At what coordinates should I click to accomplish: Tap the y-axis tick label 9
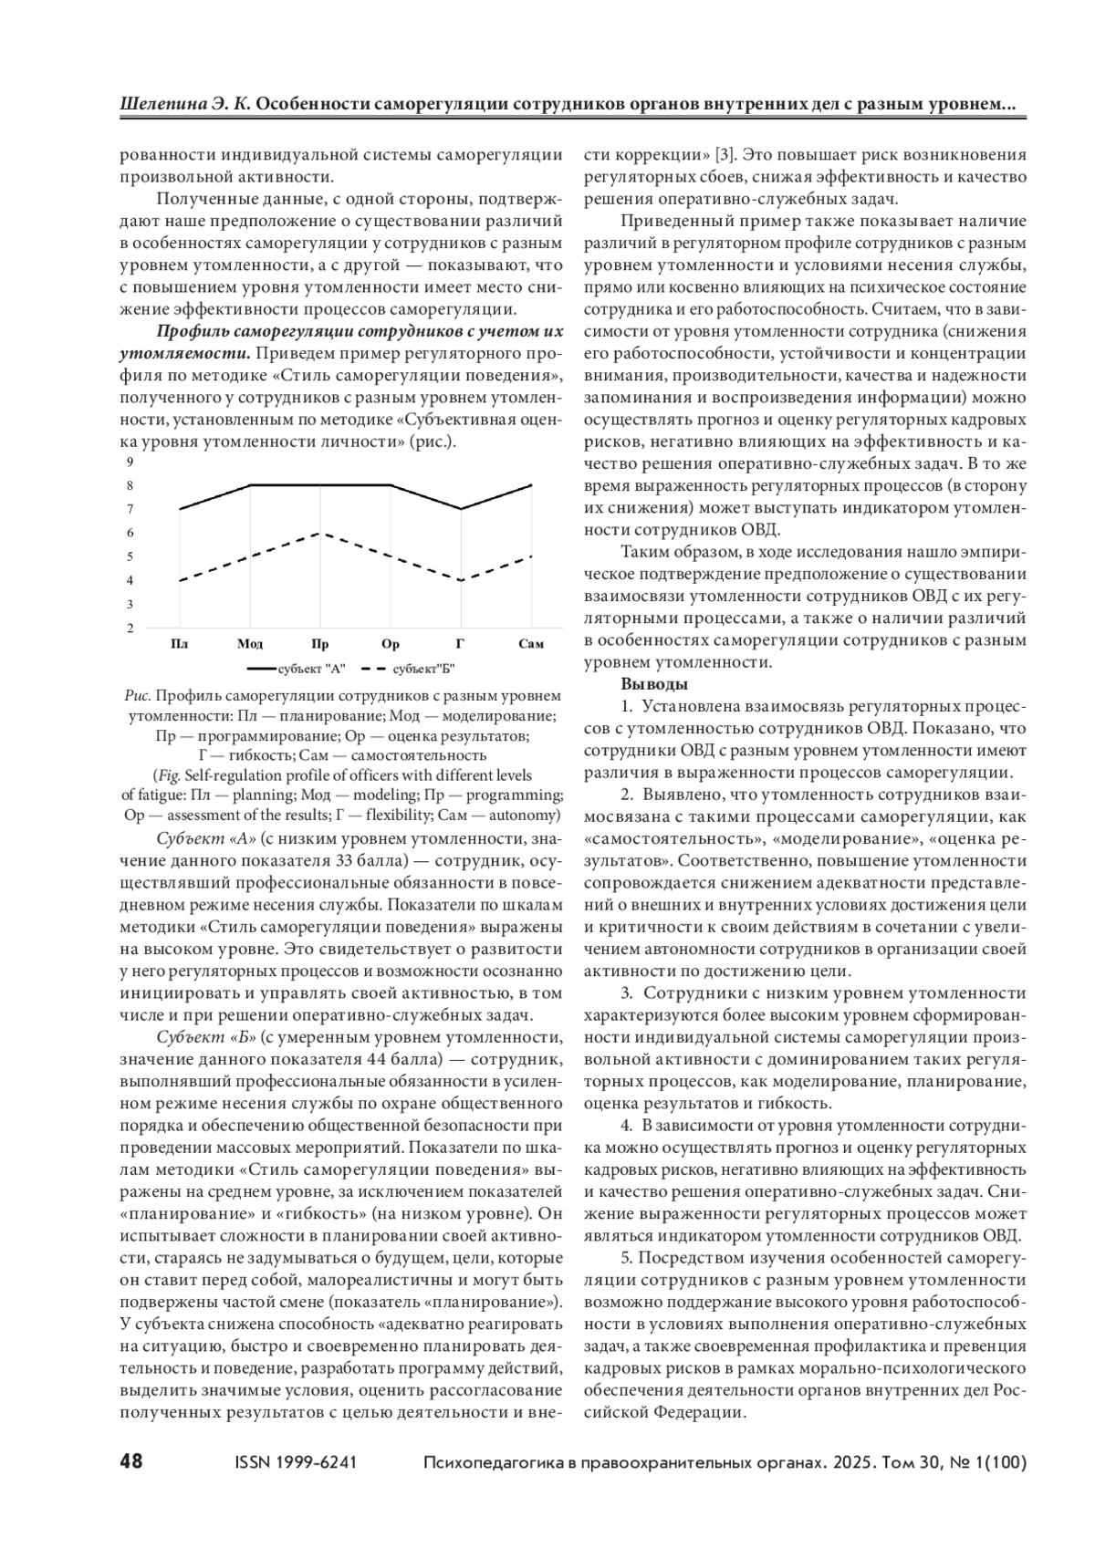tap(130, 462)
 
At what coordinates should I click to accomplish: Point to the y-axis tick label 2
tap(130, 628)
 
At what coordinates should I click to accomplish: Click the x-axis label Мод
tap(250, 644)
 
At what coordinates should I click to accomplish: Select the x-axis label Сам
tap(531, 644)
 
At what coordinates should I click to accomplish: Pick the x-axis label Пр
tap(320, 644)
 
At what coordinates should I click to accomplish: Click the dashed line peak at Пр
tap(320, 533)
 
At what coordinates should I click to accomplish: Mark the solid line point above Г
tap(461, 509)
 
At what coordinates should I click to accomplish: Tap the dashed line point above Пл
tap(180, 580)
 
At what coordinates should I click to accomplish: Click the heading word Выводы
tap(654, 684)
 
